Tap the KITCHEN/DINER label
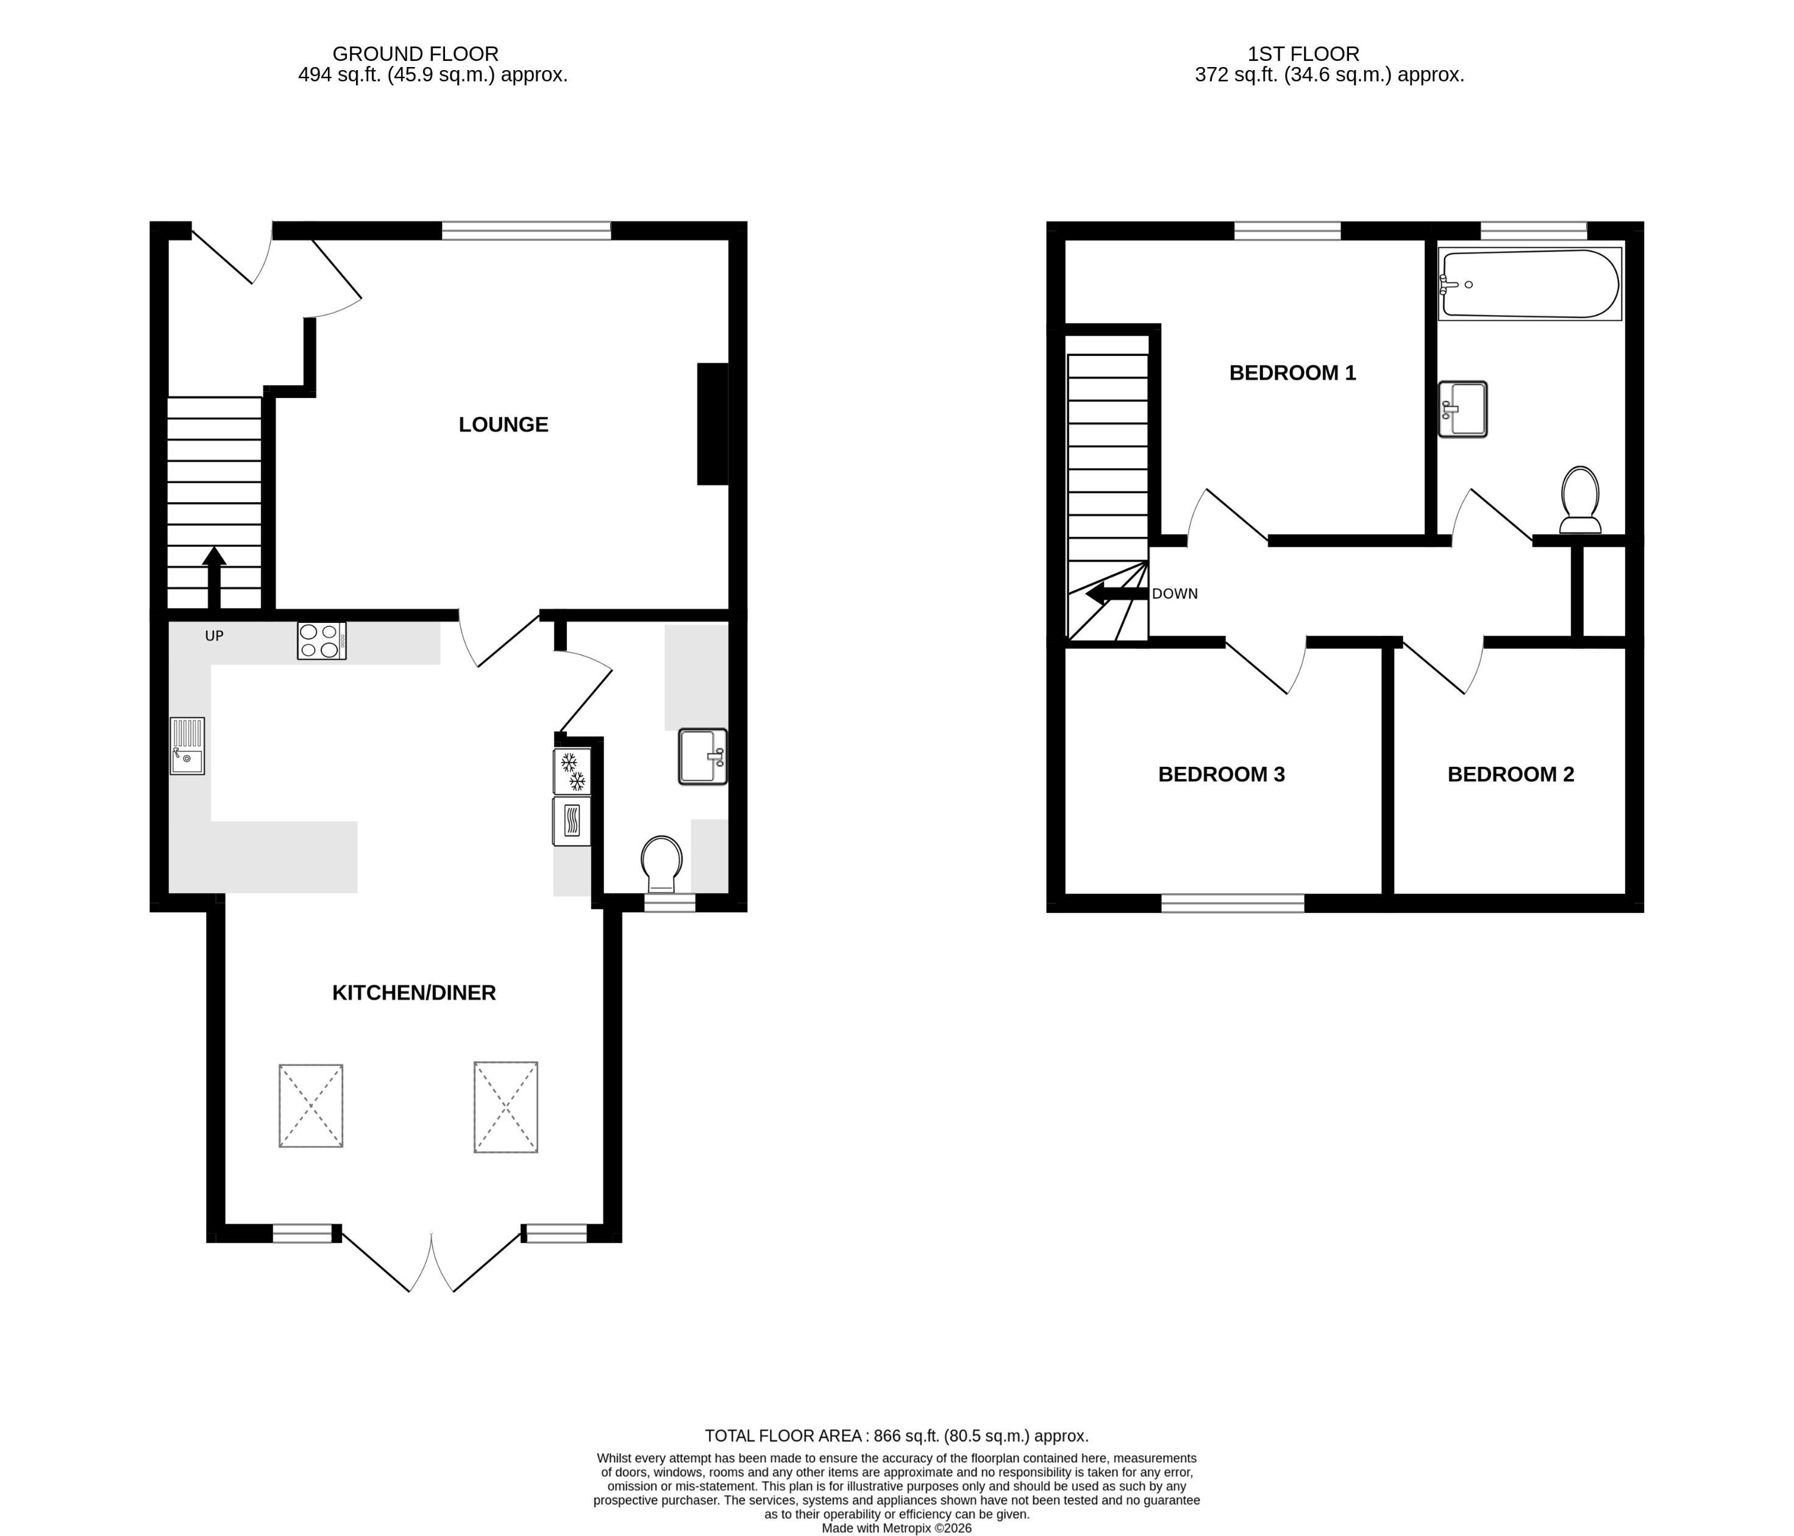(x=414, y=992)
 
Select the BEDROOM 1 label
(x=1292, y=372)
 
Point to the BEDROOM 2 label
(x=1510, y=774)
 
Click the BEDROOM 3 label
(x=1221, y=774)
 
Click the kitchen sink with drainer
(x=187, y=745)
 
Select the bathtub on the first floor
(x=1529, y=284)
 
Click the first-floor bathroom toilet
(x=1579, y=500)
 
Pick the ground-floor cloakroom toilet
(x=661, y=863)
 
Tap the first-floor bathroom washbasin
(x=1463, y=408)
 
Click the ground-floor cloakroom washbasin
(x=702, y=757)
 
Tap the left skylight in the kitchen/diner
(x=311, y=1106)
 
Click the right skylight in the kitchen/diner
(x=505, y=1106)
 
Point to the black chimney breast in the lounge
(x=712, y=424)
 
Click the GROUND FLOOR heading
(x=416, y=54)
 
